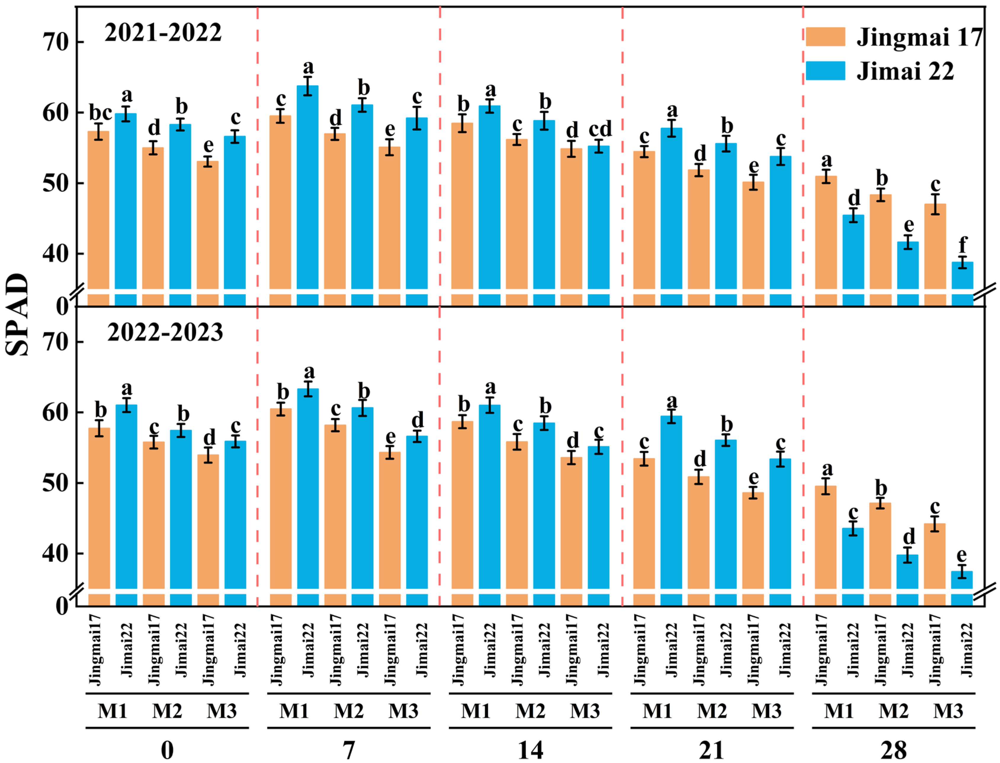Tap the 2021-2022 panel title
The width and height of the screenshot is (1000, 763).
[163, 33]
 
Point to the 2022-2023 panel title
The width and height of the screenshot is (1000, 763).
[165, 332]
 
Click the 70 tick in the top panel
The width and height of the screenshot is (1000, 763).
[55, 43]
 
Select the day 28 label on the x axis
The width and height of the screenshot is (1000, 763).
[893, 750]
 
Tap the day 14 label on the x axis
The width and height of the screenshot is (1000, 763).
[530, 750]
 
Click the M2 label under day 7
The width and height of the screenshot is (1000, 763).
[348, 711]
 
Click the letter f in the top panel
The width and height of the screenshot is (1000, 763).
[962, 245]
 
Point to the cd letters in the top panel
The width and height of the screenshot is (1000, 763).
[600, 129]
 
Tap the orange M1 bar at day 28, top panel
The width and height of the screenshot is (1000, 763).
[826, 232]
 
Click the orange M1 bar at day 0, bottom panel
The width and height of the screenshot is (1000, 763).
[99, 509]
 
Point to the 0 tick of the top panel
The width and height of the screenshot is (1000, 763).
[62, 306]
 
